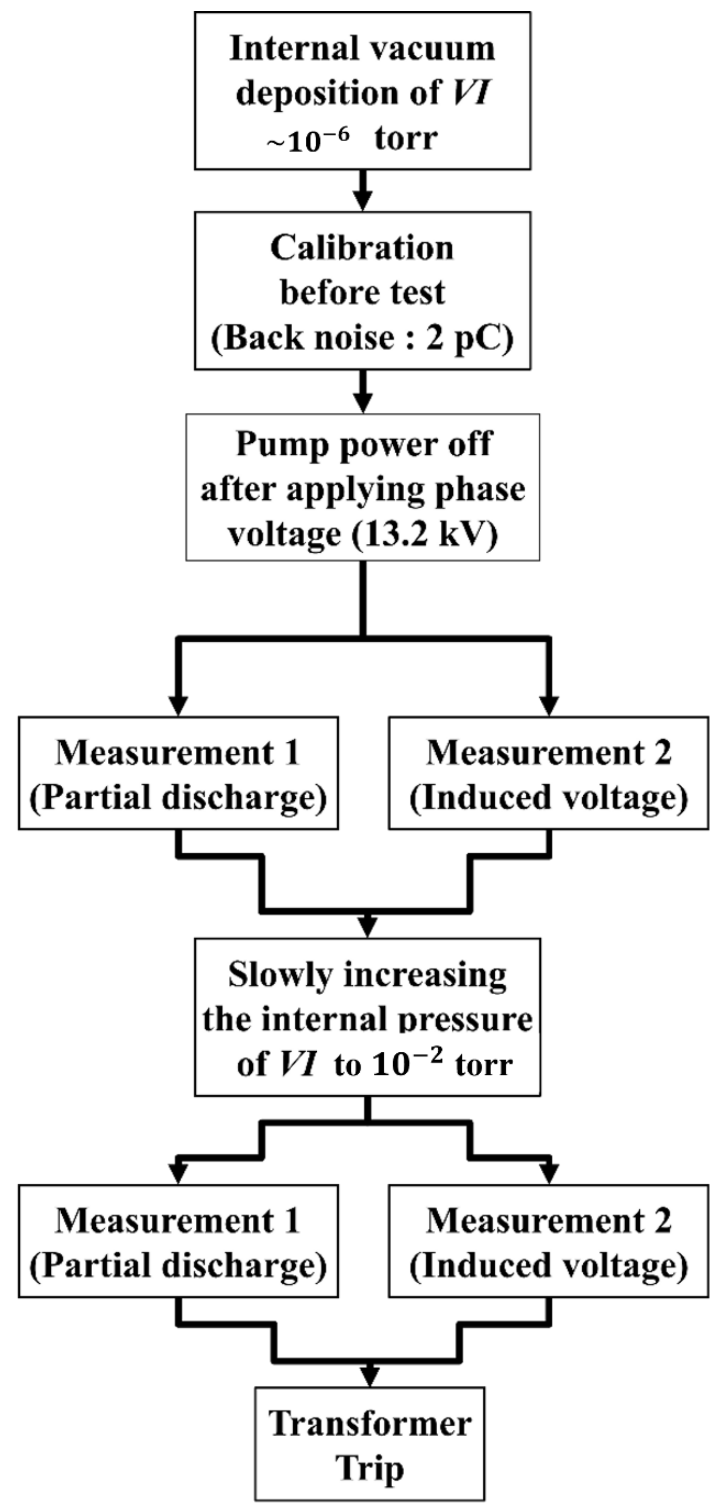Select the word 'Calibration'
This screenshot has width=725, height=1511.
coord(362,248)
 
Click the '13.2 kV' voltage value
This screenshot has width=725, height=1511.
coord(426,534)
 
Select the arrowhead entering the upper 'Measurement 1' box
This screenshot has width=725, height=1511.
coord(178,704)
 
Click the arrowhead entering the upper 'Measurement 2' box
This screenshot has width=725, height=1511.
coord(549,704)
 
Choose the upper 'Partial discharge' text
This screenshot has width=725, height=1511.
coord(178,798)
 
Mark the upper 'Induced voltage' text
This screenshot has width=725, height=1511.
coord(549,798)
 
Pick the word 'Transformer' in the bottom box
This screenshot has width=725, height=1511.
coord(370,1424)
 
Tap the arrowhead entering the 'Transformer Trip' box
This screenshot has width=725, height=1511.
coord(369,1374)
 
